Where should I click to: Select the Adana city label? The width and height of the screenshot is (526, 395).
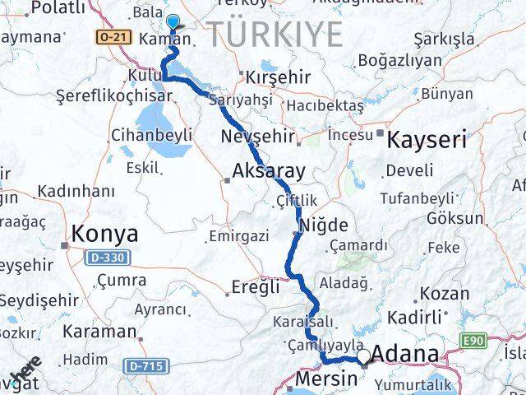[405, 355]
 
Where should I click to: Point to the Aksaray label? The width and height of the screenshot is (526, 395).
[269, 172]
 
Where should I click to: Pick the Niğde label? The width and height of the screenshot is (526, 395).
[325, 225]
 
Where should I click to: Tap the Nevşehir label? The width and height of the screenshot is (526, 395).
[251, 136]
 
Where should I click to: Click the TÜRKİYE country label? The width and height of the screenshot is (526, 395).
[275, 35]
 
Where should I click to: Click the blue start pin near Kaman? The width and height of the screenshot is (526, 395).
[173, 23]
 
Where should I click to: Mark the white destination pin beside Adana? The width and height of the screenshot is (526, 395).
[362, 357]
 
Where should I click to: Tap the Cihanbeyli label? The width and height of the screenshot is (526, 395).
[151, 134]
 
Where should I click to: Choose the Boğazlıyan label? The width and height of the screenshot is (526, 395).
[400, 60]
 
